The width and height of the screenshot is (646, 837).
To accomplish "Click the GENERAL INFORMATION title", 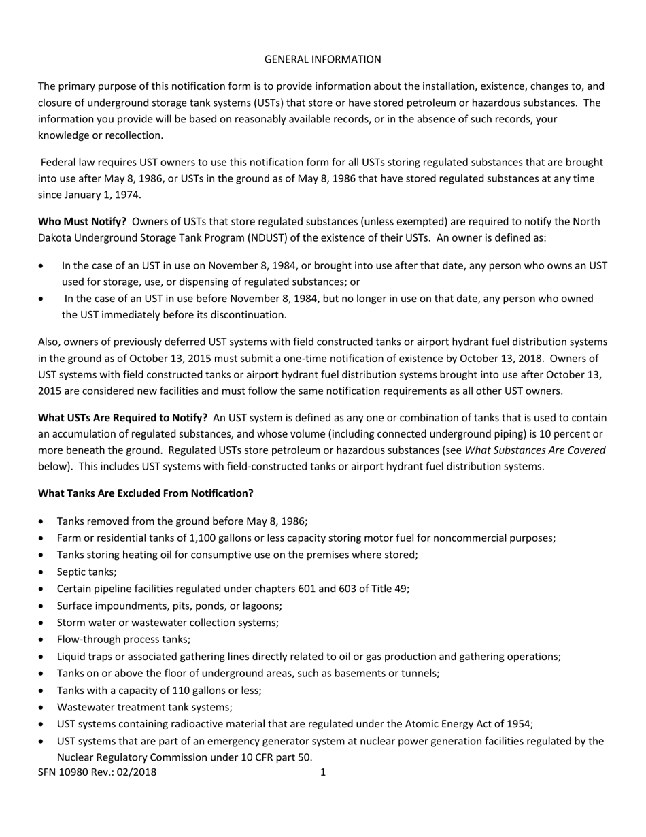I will click(x=322, y=59).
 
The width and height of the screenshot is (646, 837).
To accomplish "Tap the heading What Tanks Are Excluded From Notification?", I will click(x=146, y=493).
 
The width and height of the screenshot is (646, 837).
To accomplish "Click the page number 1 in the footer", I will click(x=323, y=772).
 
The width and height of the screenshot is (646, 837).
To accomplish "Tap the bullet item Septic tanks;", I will click(x=87, y=572).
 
